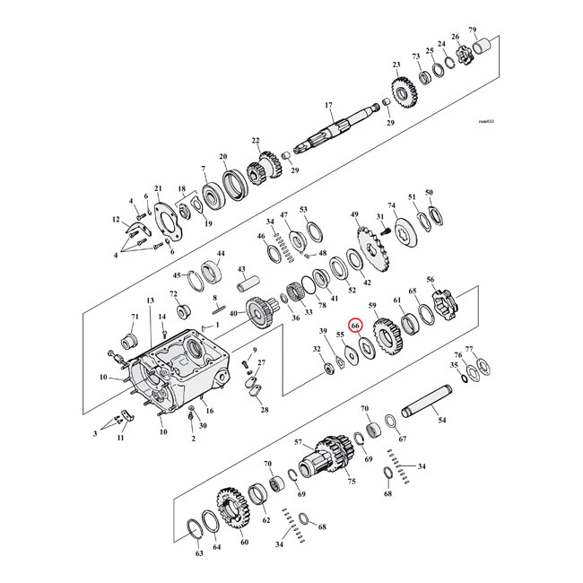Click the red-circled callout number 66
click(355, 326)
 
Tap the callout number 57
click(299, 443)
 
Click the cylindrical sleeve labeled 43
click(248, 290)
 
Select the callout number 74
click(391, 204)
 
